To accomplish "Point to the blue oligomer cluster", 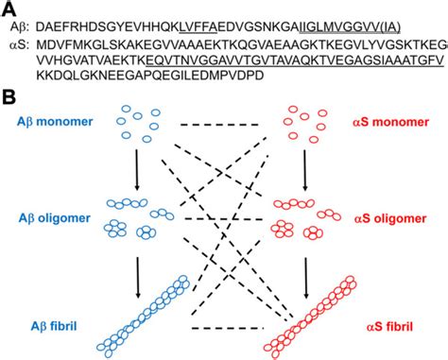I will point(138,218).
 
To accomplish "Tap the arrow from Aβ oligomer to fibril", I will point(138,262).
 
